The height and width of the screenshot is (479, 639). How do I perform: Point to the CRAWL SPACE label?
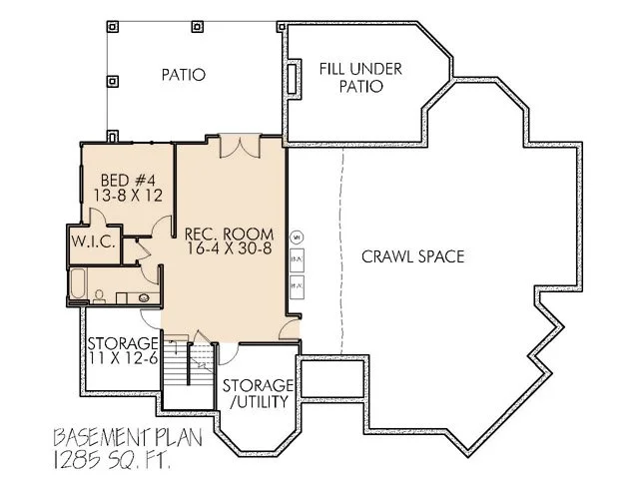coord(413,256)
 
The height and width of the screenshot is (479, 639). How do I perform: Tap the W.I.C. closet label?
coord(96,241)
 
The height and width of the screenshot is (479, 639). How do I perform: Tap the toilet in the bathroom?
coord(100,295)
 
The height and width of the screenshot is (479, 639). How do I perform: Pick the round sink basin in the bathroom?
coord(143,296)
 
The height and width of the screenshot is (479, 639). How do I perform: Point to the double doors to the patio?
coord(240,147)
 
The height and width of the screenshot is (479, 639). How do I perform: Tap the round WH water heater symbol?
coord(297,237)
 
